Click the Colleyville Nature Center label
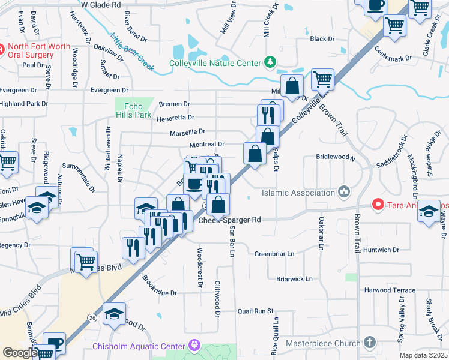coord(214,63)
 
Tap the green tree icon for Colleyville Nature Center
coord(270,62)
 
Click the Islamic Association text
coord(298,193)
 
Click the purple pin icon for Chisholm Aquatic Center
coord(194,345)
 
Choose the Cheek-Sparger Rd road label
coord(230,220)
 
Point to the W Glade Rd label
coord(101,4)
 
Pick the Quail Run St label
coord(255,311)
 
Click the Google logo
coord(20,353)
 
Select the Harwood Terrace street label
coord(390,290)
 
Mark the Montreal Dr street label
coord(206,145)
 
